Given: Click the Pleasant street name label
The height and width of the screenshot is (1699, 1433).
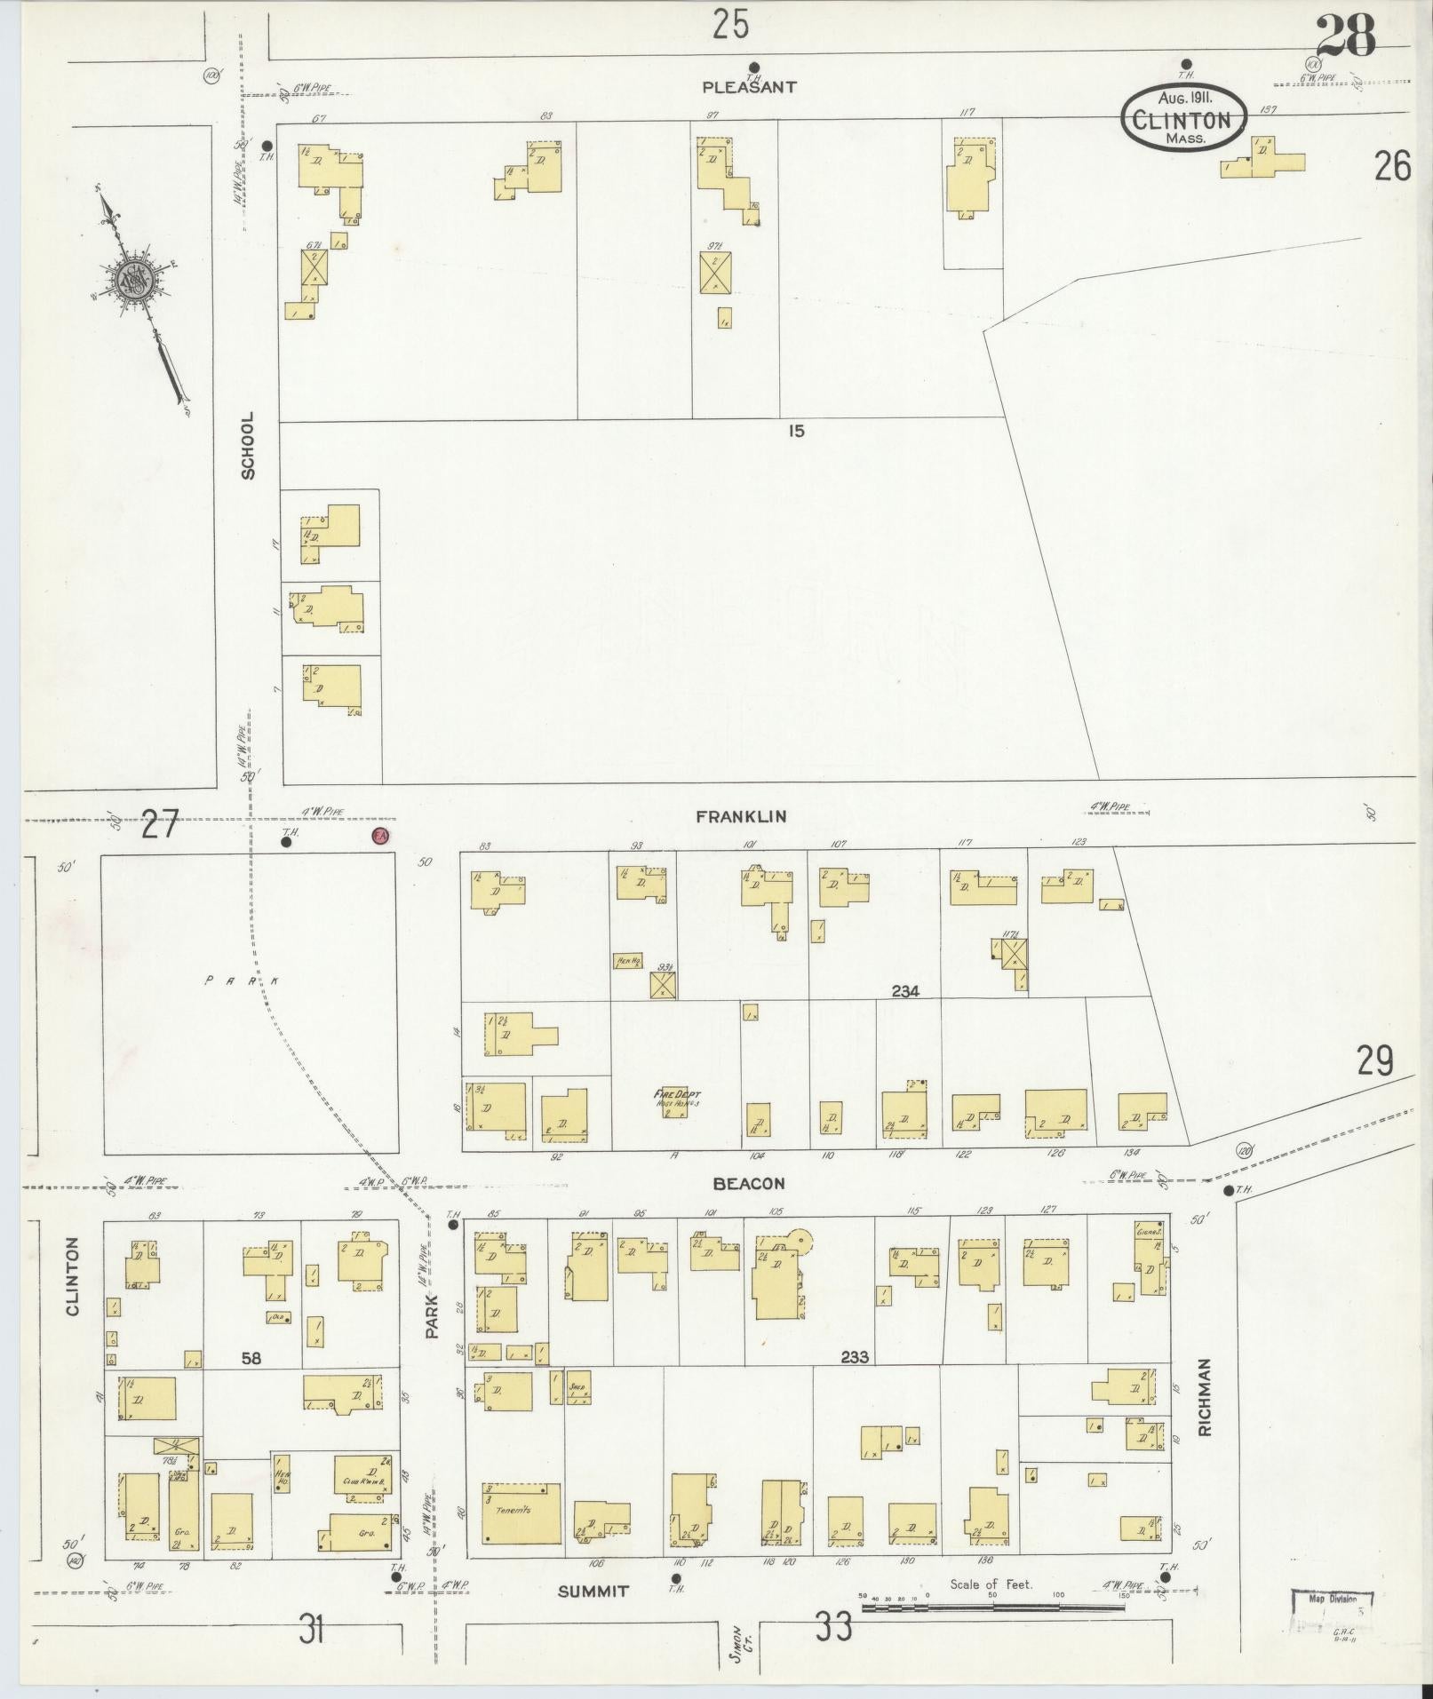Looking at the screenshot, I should click(x=749, y=87).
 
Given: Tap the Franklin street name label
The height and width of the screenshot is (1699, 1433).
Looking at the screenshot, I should click(x=741, y=816).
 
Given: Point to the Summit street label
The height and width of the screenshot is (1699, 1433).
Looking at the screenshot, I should click(x=593, y=1592).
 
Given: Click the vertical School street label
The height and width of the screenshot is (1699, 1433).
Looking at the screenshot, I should click(x=248, y=445).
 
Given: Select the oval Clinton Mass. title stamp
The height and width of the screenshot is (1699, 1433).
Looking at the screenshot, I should click(x=1184, y=118).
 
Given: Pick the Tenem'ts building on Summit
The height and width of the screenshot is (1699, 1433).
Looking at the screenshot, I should click(x=521, y=1512).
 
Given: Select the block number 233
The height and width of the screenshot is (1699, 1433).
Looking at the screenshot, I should click(x=854, y=1382).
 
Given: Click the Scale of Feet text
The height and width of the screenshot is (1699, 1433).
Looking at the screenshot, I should click(x=991, y=1584).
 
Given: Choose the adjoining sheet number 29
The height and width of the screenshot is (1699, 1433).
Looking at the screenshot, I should click(x=1373, y=1060).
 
